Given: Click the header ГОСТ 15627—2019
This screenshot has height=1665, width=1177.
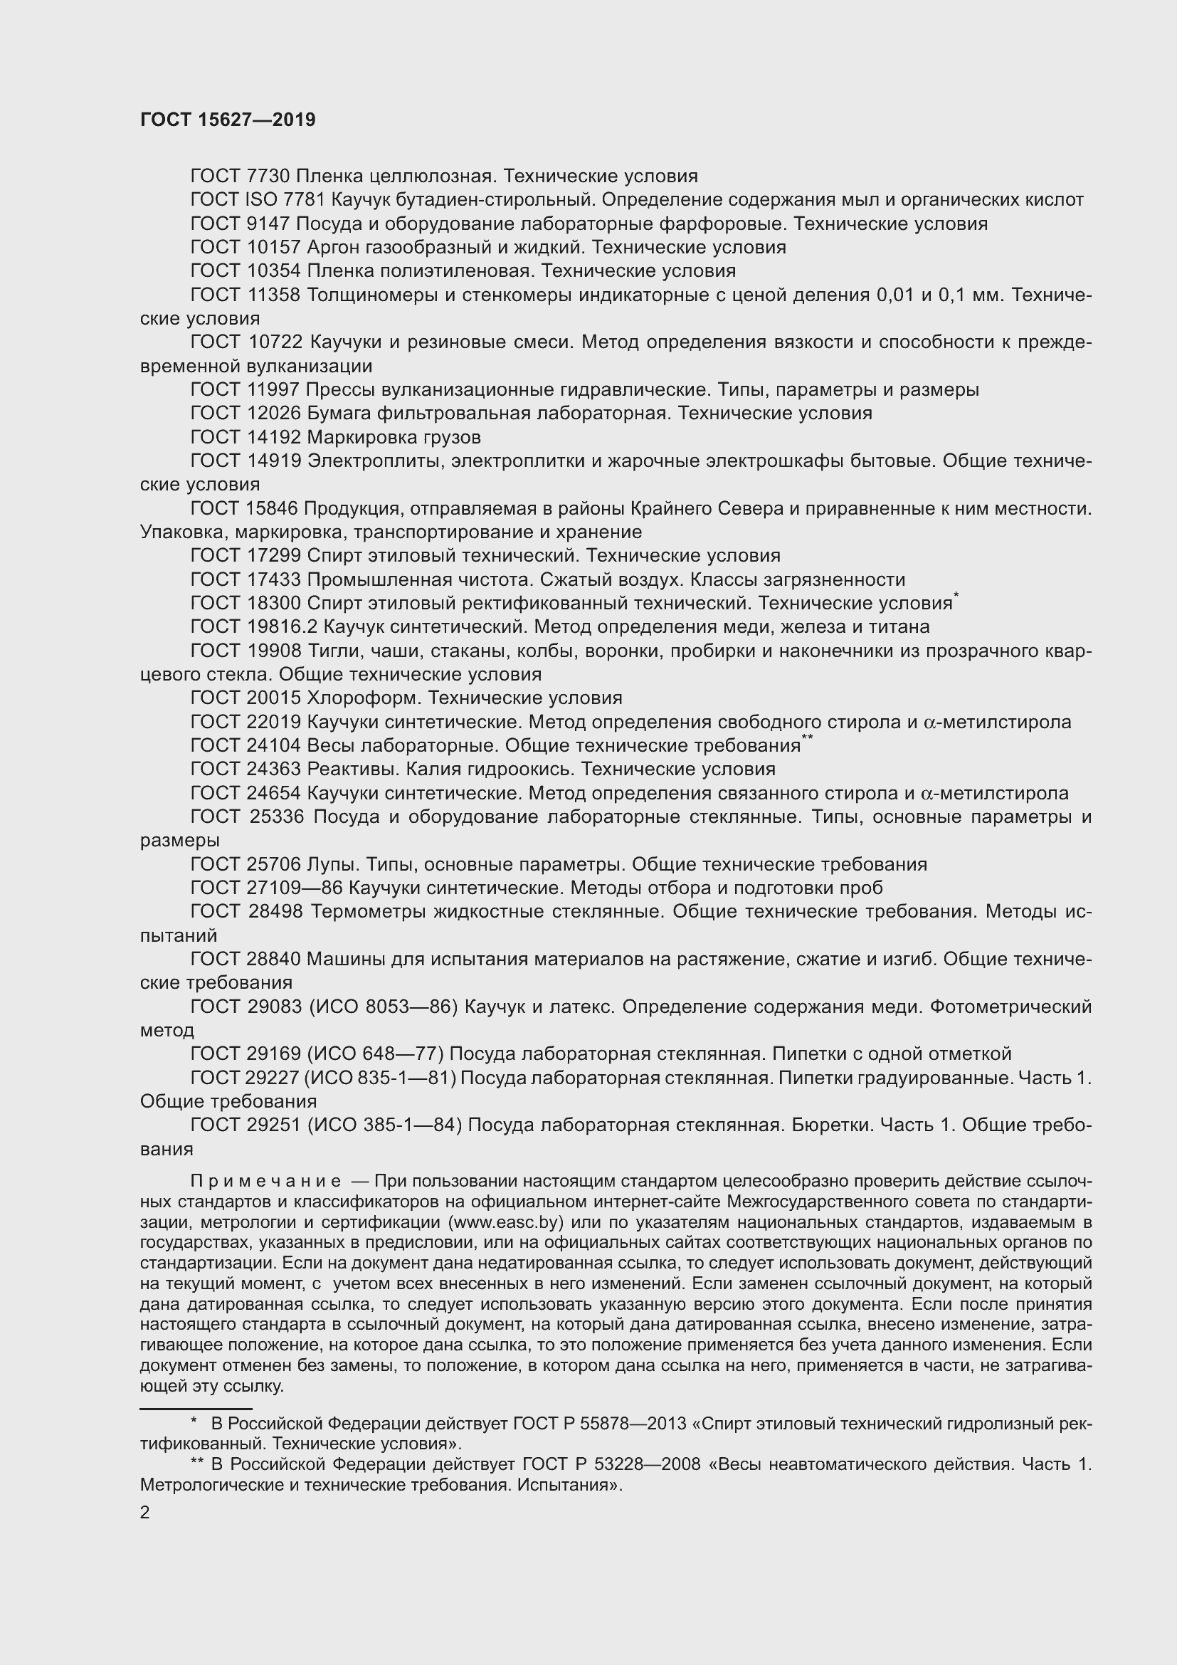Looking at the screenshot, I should click(228, 120).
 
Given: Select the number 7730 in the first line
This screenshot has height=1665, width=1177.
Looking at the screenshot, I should click(268, 177).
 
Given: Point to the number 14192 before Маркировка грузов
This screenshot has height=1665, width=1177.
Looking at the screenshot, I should click(274, 437).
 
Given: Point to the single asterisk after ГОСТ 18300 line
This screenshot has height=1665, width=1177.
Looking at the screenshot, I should click(956, 595).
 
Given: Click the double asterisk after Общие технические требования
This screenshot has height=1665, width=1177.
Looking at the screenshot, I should click(808, 737).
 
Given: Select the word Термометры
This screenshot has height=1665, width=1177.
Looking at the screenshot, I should click(367, 912).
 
